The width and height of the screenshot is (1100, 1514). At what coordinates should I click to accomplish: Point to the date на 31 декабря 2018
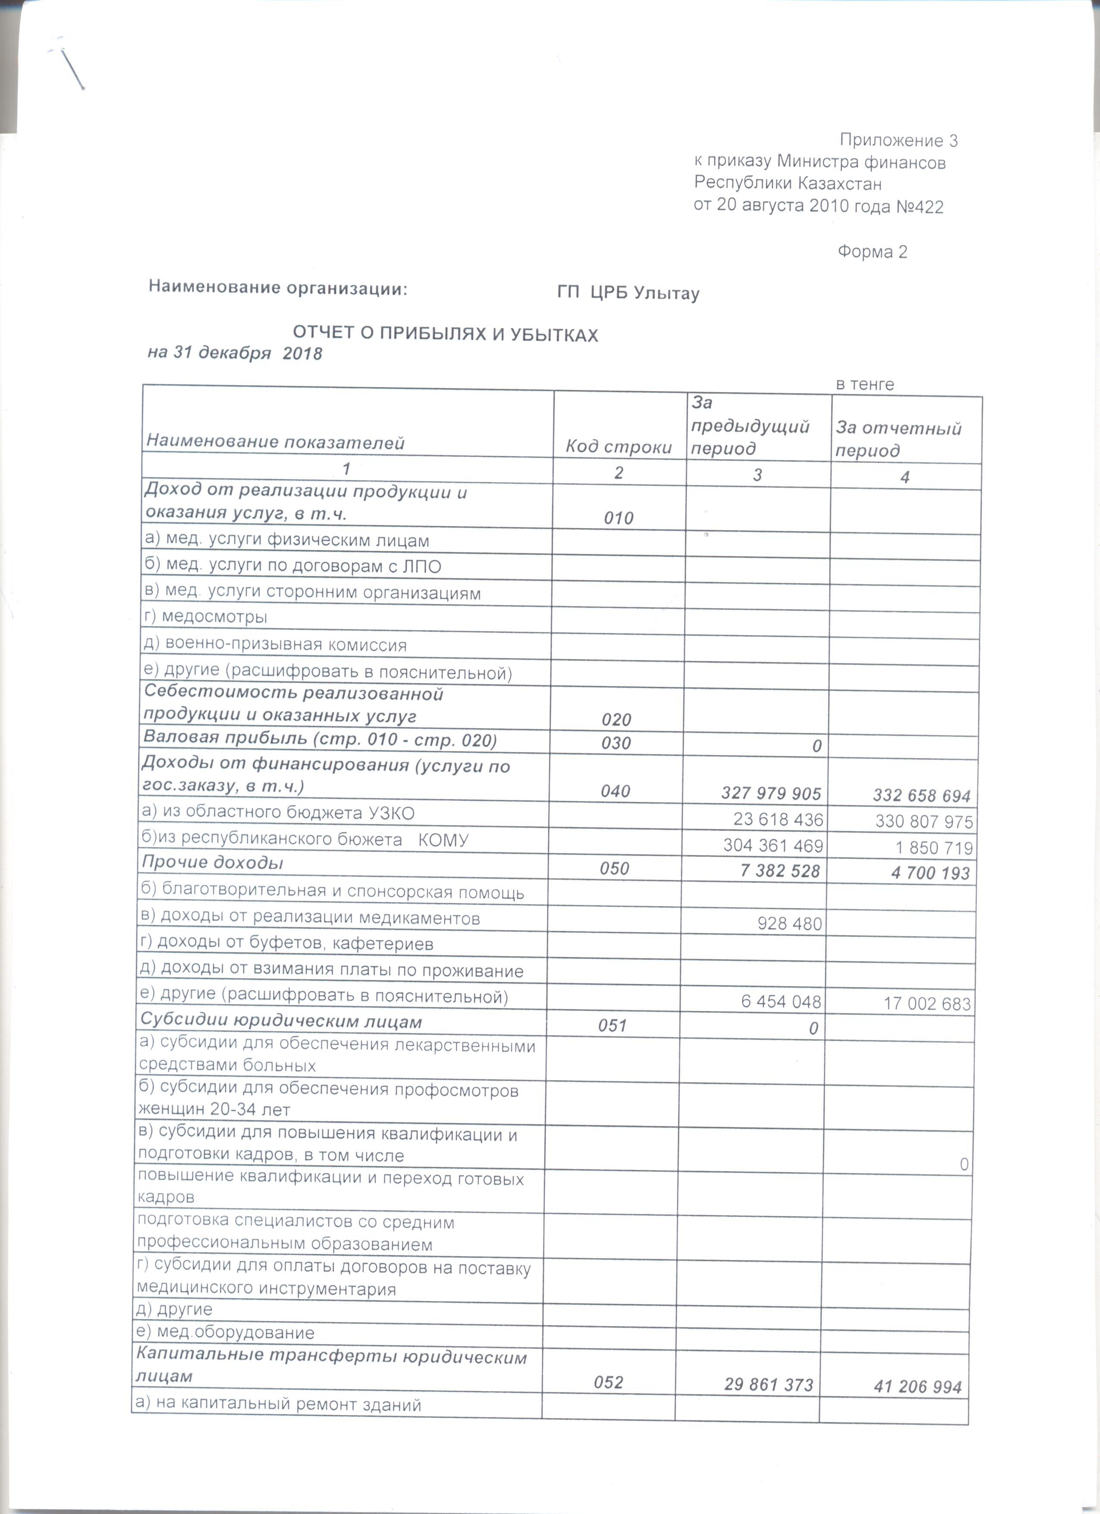tap(235, 353)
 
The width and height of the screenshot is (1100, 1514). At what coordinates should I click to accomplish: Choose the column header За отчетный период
tap(899, 439)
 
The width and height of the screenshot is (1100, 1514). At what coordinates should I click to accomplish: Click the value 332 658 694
tap(922, 796)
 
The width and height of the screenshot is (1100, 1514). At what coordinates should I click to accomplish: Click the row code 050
tap(614, 868)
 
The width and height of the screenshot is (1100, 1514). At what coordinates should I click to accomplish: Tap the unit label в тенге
tap(864, 384)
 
